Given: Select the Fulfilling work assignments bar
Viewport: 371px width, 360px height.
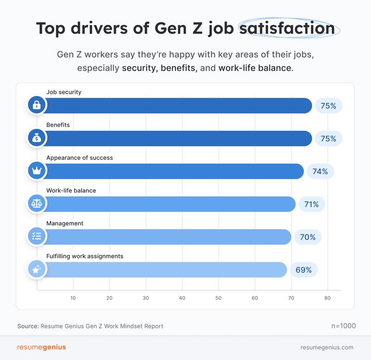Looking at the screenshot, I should (x=165, y=270).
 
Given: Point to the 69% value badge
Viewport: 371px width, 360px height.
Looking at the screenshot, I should (x=304, y=270).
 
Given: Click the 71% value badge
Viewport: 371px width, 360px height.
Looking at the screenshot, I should (x=312, y=204).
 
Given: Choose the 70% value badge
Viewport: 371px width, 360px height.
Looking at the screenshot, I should (x=307, y=237).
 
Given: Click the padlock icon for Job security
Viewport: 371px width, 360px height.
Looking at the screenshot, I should (x=36, y=105).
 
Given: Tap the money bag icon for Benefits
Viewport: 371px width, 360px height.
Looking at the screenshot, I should (x=36, y=138).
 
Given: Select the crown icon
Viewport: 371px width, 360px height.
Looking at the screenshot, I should (x=36, y=171).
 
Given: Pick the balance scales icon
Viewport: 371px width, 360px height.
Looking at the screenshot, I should (x=36, y=204).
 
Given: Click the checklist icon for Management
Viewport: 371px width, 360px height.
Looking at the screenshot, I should (x=36, y=237).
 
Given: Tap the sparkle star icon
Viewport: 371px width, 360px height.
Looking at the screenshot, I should (x=36, y=270).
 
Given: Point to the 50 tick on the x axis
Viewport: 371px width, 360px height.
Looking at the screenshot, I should (x=218, y=298).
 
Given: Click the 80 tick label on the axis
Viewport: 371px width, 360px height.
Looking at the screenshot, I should (x=327, y=298).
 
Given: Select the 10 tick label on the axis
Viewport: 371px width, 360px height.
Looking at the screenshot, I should (x=73, y=298).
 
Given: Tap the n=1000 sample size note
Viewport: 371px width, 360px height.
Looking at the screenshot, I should (x=343, y=326).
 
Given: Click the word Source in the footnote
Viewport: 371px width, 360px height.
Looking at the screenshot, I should (x=27, y=326).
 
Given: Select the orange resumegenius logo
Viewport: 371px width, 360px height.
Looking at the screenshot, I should (x=41, y=347).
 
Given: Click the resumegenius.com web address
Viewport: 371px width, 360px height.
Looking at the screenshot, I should (x=327, y=347).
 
